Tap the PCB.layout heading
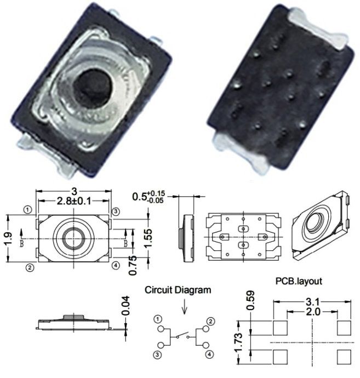(x=299, y=281)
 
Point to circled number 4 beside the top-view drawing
(x=116, y=265)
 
